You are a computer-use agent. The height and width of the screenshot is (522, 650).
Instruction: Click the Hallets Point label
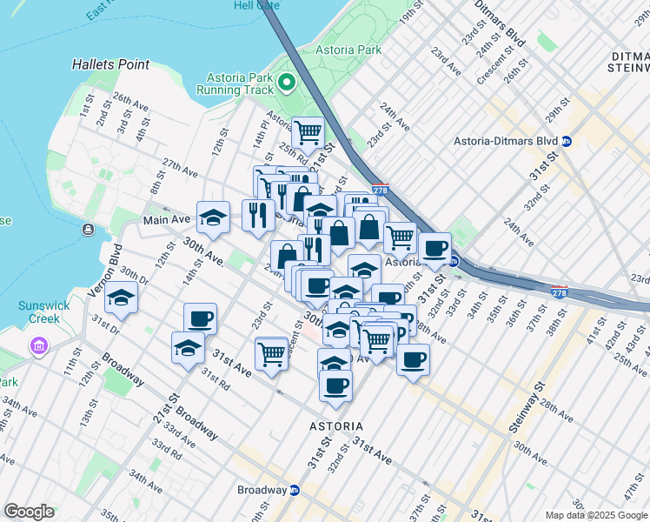[x=111, y=64]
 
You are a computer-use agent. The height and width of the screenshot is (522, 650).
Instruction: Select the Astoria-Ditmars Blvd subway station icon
[x=566, y=141]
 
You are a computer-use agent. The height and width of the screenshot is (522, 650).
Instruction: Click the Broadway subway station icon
[x=295, y=490]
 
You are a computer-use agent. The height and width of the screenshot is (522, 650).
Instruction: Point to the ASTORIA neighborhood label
[x=335, y=426]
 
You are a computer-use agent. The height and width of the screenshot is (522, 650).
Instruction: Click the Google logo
[x=29, y=512]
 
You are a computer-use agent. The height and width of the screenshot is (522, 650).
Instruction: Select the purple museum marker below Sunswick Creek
[x=37, y=347]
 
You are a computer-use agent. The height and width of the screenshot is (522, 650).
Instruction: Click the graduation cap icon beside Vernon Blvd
[x=122, y=298]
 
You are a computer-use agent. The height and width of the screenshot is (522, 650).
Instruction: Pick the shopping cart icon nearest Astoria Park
[x=308, y=132]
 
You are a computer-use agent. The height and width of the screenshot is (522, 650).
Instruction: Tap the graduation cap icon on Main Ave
[x=213, y=217]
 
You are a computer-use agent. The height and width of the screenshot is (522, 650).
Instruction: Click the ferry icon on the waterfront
[x=89, y=230]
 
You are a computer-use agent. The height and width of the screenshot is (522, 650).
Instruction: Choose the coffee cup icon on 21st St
[x=201, y=318]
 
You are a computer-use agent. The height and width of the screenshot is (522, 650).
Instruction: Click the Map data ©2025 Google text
[x=597, y=515]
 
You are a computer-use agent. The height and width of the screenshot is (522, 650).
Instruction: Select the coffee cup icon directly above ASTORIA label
[x=335, y=385]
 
